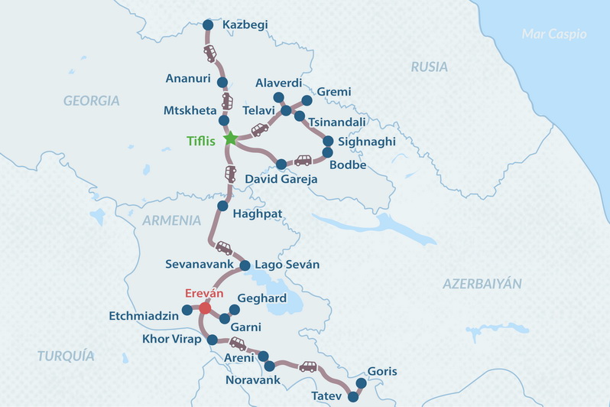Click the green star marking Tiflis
230,139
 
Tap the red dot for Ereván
205,308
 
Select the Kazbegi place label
245,25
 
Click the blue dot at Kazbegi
208,25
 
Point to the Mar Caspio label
553,34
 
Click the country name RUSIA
429,67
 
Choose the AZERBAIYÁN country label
482,284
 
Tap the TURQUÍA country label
66,356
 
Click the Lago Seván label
287,265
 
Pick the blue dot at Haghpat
222,206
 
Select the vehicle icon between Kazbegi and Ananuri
210,54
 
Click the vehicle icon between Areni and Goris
307,366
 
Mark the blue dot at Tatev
353,396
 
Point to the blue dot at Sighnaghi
328,142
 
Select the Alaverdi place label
278,83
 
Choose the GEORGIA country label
92,101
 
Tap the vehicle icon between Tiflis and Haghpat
230,174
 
